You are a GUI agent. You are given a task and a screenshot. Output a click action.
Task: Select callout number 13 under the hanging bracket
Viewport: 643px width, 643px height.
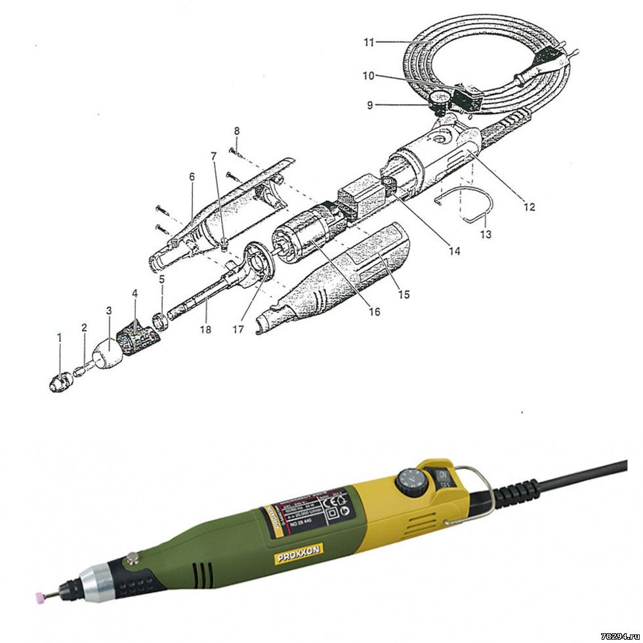pos(486,234)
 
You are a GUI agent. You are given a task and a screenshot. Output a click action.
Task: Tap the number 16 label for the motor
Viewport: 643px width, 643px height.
pos(374,312)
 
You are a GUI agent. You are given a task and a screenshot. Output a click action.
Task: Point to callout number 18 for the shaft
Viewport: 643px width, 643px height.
pos(206,329)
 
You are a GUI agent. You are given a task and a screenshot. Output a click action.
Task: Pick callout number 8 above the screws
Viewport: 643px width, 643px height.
pos(236,131)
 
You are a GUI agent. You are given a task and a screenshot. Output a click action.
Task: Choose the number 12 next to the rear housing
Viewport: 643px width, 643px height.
pos(529,207)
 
